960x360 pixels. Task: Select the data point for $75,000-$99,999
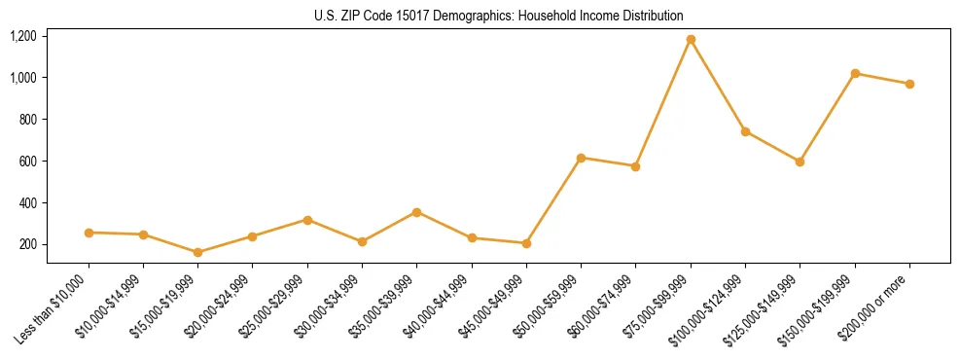pos(691,40)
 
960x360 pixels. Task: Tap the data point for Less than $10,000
pos(89,233)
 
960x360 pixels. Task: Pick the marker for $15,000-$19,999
pos(198,252)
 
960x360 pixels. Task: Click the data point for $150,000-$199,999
pos(855,73)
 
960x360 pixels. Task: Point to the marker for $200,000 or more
pos(909,84)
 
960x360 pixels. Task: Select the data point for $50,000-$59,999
pos(581,158)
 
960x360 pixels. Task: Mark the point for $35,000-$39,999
pos(417,212)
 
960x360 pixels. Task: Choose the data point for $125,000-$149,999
pos(800,162)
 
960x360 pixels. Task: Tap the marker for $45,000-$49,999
pos(526,243)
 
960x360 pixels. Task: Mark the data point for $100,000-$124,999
pos(745,131)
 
